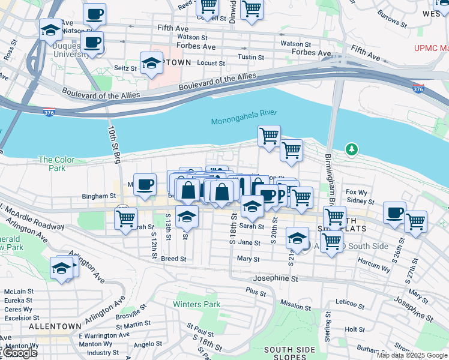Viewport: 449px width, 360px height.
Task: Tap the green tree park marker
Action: pyautogui.click(x=352, y=149)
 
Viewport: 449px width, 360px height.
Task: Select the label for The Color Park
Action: pyautogui.click(x=56, y=164)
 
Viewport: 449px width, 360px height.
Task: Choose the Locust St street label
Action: pyautogui.click(x=211, y=63)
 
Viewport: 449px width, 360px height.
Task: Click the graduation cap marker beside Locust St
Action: pyautogui.click(x=152, y=63)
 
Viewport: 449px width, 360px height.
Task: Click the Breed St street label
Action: pyautogui.click(x=173, y=259)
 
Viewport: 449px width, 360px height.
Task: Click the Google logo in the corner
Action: pyautogui.click(x=19, y=353)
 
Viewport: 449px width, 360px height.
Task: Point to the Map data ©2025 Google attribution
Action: pyautogui.click(x=412, y=355)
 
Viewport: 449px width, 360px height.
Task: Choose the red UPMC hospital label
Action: pyautogui.click(x=431, y=49)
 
